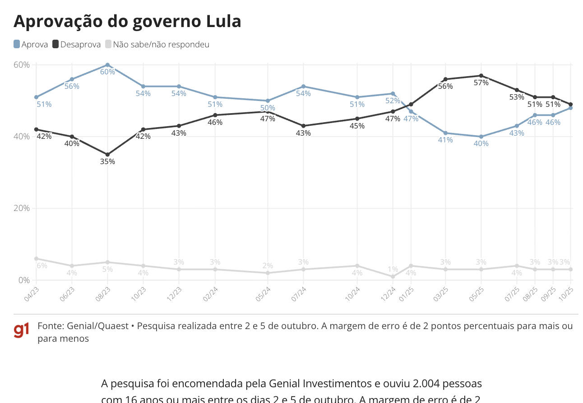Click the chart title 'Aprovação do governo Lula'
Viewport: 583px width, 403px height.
tap(127, 21)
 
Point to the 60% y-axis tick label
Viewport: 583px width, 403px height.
tap(21, 64)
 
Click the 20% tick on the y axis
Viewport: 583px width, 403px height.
tap(21, 208)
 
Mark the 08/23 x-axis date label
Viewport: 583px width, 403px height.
tap(103, 293)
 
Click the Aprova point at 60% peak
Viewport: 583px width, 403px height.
tap(107, 65)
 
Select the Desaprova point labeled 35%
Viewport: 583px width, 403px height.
tap(107, 155)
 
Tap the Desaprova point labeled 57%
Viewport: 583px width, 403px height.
tap(481, 76)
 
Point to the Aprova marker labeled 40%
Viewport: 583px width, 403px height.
tap(481, 137)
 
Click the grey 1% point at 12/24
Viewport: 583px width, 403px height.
tap(393, 276)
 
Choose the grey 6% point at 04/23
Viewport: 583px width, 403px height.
tap(36, 259)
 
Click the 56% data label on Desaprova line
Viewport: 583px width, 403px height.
tap(445, 87)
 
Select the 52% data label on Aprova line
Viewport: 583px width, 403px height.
tap(393, 101)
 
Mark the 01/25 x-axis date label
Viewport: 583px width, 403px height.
tap(406, 293)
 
